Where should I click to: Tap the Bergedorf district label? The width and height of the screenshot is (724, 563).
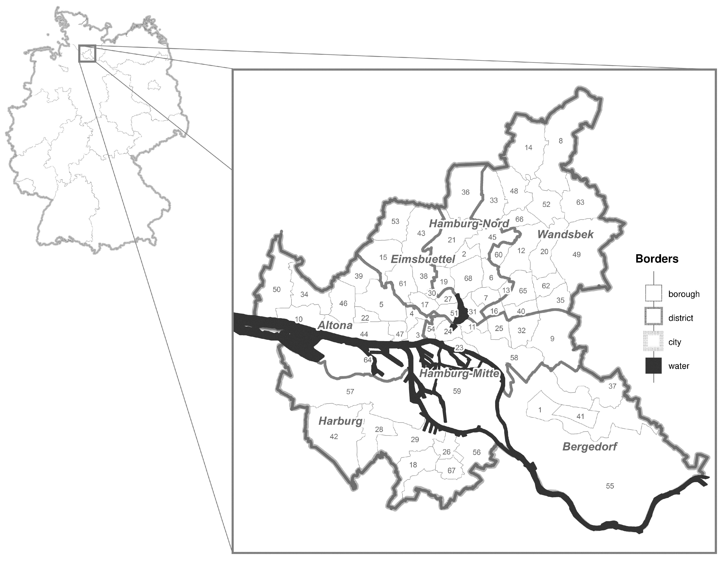[590, 446]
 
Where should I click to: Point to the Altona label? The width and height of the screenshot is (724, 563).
[335, 325]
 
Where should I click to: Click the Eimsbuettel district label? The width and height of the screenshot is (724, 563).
[423, 259]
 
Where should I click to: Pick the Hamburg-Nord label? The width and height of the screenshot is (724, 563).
[469, 224]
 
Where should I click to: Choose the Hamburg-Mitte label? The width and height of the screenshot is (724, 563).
[459, 374]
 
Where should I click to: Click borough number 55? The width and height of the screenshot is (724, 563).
[610, 486]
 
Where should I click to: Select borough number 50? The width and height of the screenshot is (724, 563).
[277, 289]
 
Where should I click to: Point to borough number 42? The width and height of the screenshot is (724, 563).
[334, 437]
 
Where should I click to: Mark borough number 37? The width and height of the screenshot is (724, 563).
[612, 386]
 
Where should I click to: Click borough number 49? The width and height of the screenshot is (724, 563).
[576, 255]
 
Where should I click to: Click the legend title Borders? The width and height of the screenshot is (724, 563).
[657, 259]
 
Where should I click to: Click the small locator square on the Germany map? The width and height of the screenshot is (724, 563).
[87, 53]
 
